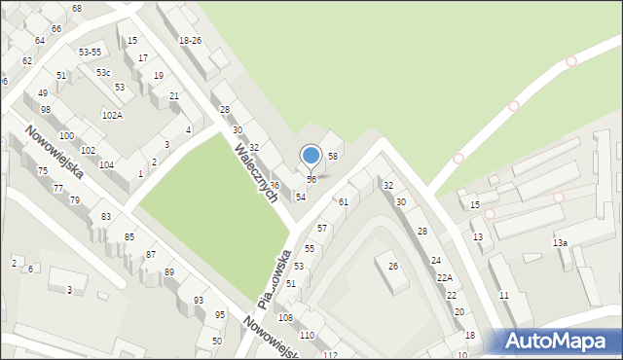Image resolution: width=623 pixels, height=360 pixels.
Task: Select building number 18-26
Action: pyautogui.click(x=190, y=40)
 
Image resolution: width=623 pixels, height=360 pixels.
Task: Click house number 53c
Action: pyautogui.click(x=102, y=73)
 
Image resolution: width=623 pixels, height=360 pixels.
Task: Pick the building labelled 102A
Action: pyautogui.click(x=112, y=116)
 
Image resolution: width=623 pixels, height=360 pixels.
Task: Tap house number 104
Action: pyautogui.click(x=107, y=165)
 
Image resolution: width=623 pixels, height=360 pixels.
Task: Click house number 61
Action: pyautogui.click(x=343, y=201)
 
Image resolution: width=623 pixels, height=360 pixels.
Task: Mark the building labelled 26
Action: pyautogui.click(x=393, y=266)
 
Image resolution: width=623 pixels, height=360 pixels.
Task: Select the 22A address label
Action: pyautogui.click(x=444, y=278)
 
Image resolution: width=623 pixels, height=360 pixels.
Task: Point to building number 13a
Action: pyautogui.click(x=560, y=242)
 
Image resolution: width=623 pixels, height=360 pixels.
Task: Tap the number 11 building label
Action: pyautogui.click(x=503, y=295)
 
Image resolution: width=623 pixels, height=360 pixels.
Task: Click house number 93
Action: pyautogui.click(x=199, y=301)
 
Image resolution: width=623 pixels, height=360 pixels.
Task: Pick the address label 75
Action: pyautogui.click(x=43, y=171)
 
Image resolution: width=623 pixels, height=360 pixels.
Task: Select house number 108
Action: pyautogui.click(x=285, y=318)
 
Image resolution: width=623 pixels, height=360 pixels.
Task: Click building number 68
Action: pyautogui.click(x=77, y=8)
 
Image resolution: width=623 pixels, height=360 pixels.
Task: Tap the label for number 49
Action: pyautogui.click(x=43, y=93)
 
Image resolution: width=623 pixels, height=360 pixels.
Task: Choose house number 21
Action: pyautogui.click(x=174, y=95)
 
